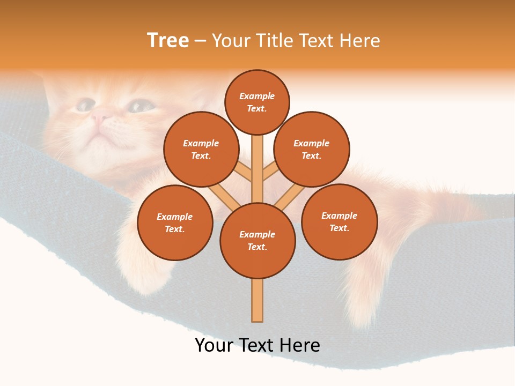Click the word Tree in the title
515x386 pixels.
(x=168, y=41)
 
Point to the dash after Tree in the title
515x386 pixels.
(x=200, y=41)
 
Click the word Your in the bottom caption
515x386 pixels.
(x=214, y=345)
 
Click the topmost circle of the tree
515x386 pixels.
(x=257, y=102)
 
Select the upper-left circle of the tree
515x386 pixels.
(x=201, y=149)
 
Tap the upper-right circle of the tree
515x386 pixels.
(x=311, y=149)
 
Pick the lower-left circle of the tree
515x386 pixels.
(x=175, y=222)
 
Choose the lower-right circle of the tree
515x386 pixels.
(x=339, y=221)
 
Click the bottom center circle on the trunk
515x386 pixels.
(x=257, y=240)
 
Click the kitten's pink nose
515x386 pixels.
(x=99, y=115)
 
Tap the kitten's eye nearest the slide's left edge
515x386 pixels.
(x=84, y=105)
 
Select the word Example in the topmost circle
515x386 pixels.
(x=257, y=96)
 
